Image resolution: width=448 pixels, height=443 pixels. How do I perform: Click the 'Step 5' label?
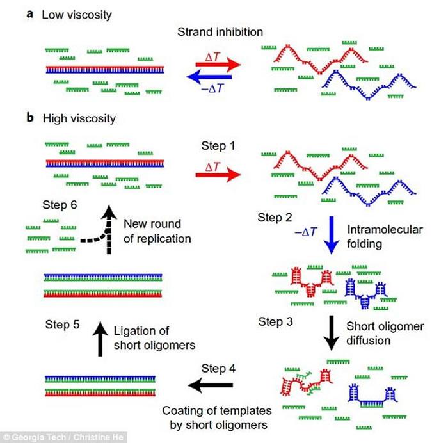point(63,324)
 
